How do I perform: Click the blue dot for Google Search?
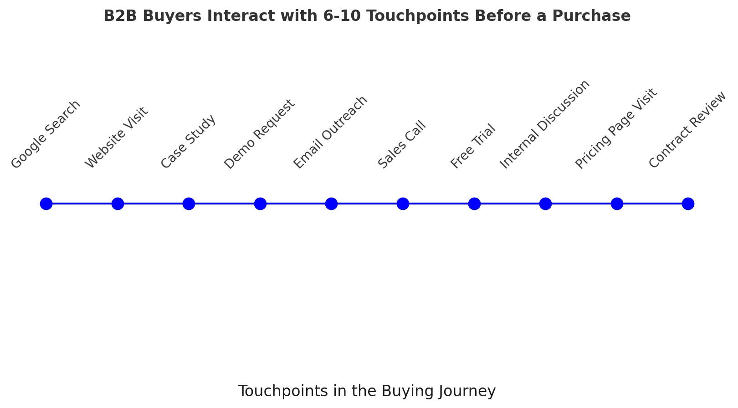tap(46, 204)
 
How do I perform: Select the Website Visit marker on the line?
tap(118, 204)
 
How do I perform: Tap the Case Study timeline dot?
tap(189, 204)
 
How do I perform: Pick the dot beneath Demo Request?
tap(260, 204)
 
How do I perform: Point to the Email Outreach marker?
tap(332, 204)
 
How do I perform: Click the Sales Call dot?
tap(403, 204)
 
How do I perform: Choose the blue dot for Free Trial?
tap(474, 204)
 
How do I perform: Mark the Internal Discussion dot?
tap(546, 204)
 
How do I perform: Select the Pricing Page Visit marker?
tap(617, 204)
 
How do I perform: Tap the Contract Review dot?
tap(688, 204)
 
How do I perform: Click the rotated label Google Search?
tap(46, 134)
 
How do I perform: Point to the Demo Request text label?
tap(259, 134)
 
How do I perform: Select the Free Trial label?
tap(473, 146)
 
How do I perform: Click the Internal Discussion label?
tap(544, 124)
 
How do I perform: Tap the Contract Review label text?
tap(687, 130)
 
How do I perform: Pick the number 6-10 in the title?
tap(342, 16)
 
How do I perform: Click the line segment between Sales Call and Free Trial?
tap(439, 204)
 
